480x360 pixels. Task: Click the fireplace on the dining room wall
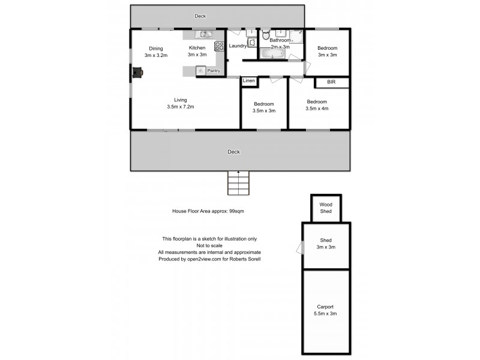139,73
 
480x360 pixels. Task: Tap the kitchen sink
204,34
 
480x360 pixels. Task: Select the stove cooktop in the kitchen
219,46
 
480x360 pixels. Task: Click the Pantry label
213,71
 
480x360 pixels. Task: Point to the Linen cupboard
249,80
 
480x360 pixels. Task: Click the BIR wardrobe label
331,82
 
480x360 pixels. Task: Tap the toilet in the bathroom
266,36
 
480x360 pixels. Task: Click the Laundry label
238,46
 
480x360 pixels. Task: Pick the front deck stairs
238,182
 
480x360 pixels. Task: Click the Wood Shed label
326,208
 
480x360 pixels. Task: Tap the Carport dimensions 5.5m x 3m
326,313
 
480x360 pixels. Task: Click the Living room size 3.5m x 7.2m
181,107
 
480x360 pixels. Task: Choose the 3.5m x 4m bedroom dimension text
317,109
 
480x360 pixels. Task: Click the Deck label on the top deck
200,16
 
